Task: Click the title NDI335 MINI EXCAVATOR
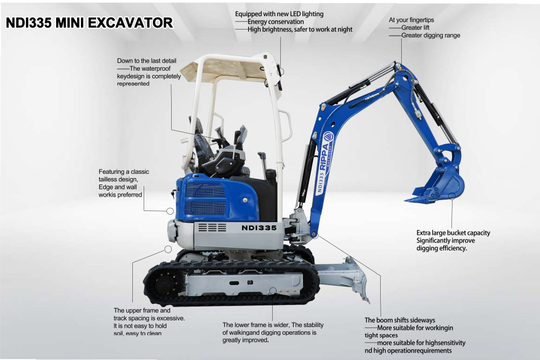click(89, 23)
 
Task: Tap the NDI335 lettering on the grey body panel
click(259, 228)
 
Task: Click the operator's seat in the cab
click(202, 143)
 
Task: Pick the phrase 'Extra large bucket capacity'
click(453, 233)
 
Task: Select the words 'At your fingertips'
click(411, 20)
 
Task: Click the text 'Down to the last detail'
click(146, 61)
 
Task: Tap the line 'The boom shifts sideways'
click(400, 320)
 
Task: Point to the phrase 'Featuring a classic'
click(124, 172)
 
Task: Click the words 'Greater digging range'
click(430, 36)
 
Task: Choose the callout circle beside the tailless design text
click(170, 210)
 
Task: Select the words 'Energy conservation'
click(275, 22)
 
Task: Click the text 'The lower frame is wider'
click(256, 324)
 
